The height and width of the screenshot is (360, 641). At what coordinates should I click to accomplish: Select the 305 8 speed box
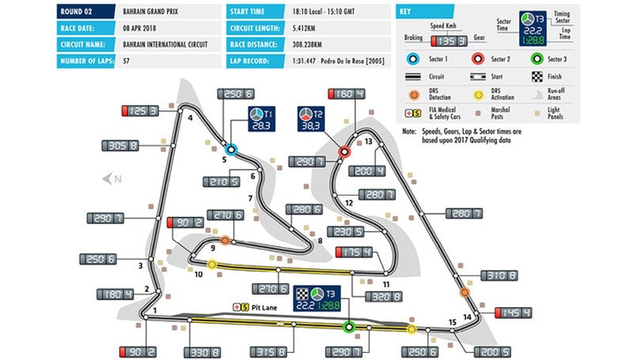(125, 147)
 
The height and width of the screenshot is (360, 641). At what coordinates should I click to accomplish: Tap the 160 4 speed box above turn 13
(346, 94)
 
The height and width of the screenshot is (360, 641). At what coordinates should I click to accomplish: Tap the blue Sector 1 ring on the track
(230, 150)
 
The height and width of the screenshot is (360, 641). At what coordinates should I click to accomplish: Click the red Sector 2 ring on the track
(343, 152)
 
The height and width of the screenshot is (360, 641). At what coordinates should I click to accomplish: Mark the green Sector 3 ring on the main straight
(349, 326)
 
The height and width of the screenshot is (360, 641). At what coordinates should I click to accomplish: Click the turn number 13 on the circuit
(369, 141)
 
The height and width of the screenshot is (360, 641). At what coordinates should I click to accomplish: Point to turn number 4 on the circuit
(190, 118)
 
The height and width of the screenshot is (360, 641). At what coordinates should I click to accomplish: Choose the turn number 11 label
(386, 283)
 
